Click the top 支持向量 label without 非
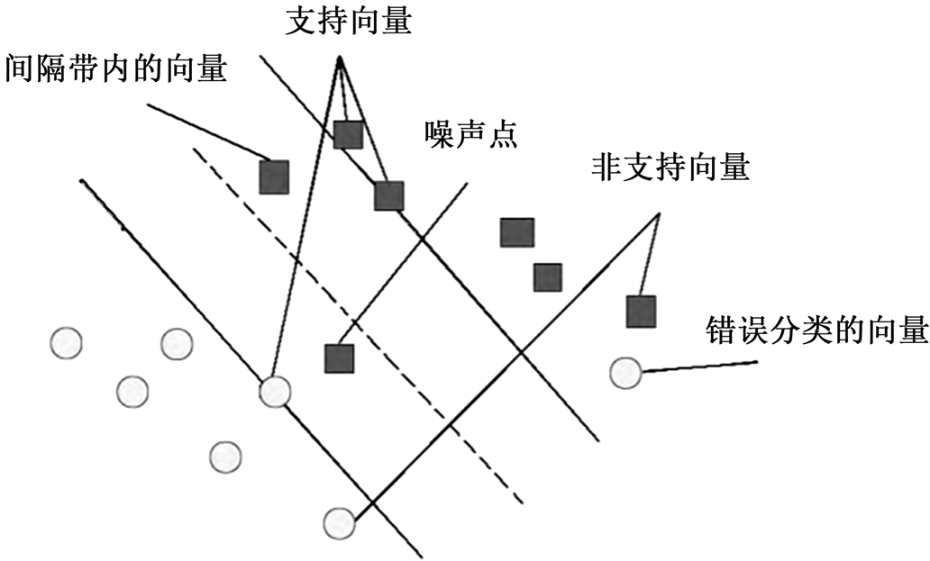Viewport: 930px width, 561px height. tap(348, 22)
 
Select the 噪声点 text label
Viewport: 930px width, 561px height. tap(470, 135)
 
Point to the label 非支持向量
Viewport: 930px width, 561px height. tap(670, 167)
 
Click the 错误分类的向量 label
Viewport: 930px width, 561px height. tap(816, 330)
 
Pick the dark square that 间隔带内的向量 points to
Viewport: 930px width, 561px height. tap(274, 176)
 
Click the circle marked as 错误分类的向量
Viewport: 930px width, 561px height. tap(625, 372)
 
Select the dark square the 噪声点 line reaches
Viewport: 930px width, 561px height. tap(339, 358)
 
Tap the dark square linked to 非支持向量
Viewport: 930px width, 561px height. tap(641, 312)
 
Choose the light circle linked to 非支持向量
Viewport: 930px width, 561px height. tap(339, 522)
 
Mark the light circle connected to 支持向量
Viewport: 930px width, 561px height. tap(275, 392)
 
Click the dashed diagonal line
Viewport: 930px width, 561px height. tap(360, 324)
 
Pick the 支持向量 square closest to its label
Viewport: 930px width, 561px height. tap(348, 134)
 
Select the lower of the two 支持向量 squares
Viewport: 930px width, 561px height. tap(388, 195)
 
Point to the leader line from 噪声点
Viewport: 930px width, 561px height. tap(406, 261)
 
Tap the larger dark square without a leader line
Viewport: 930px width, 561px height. tap(517, 232)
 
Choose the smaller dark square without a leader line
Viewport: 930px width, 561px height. tap(547, 276)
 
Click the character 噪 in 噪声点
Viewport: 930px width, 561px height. tap(439, 135)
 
